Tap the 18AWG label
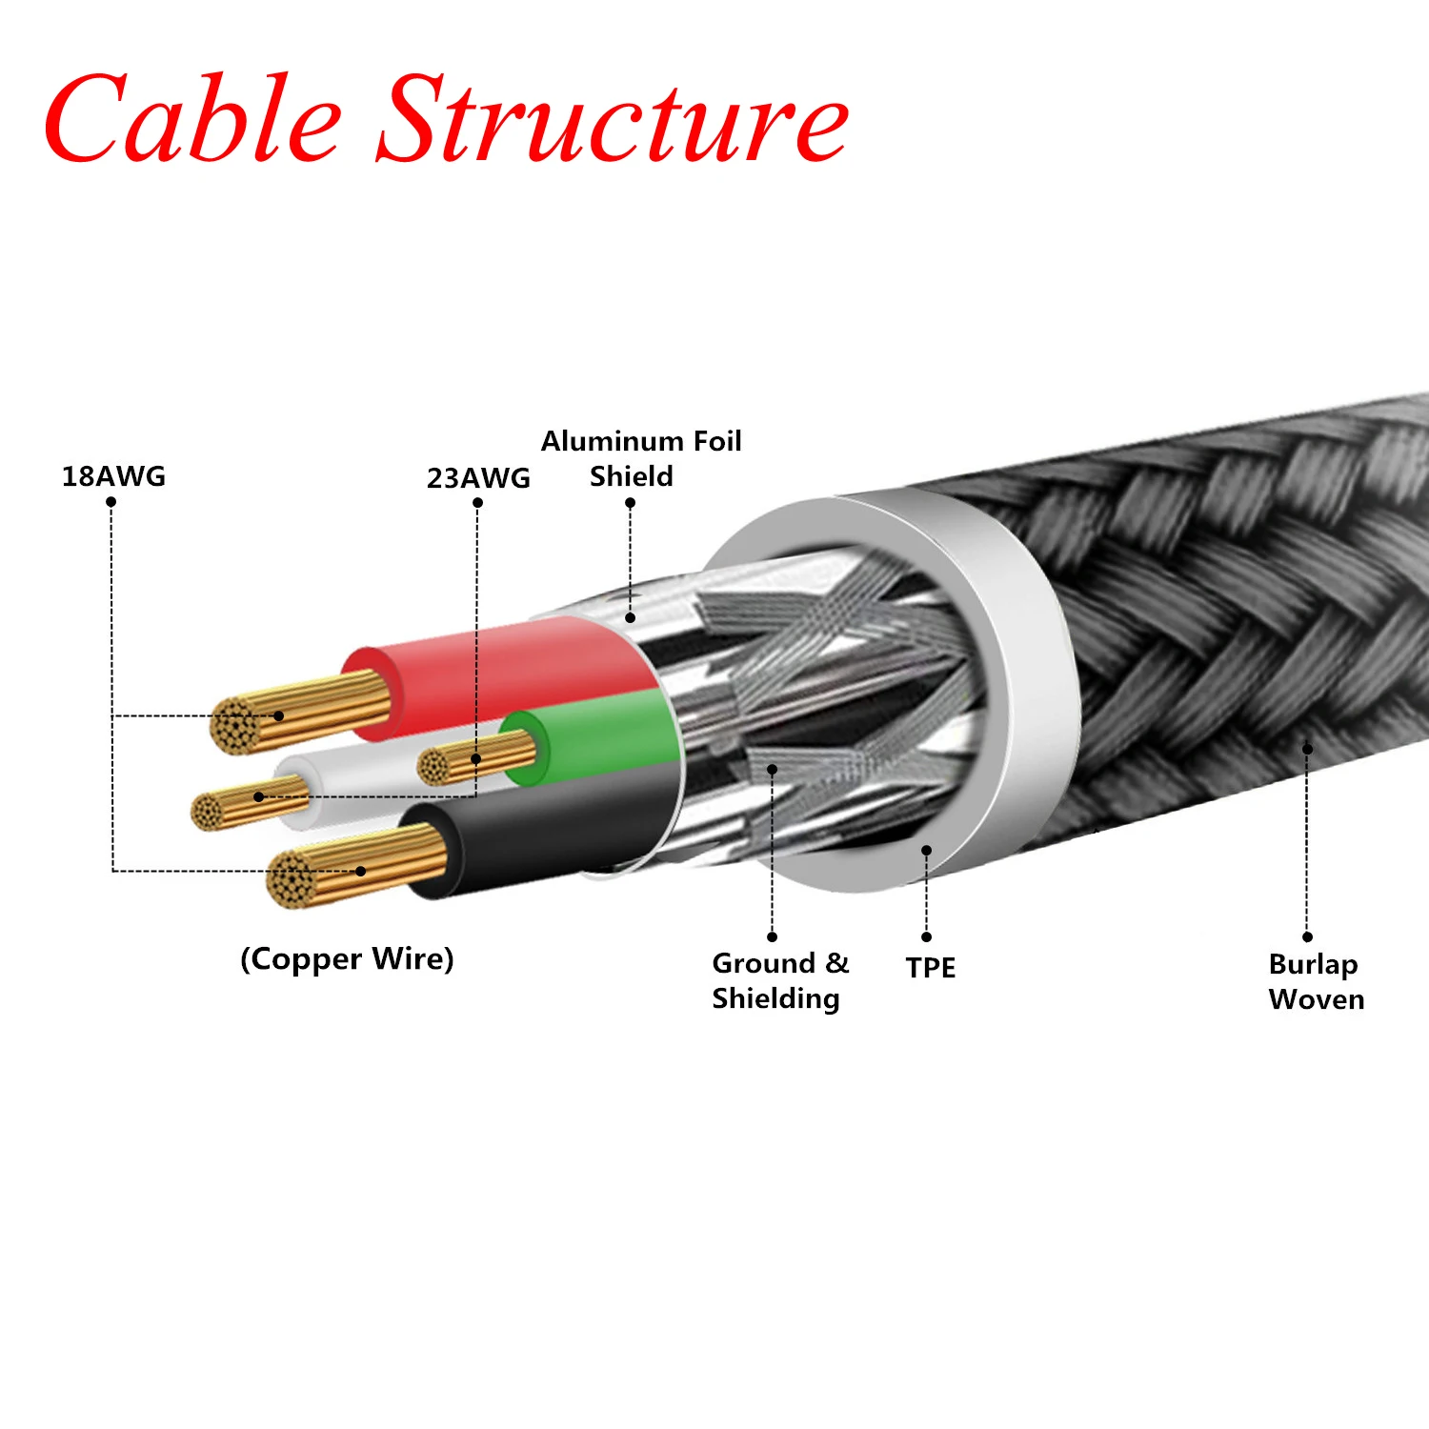(x=113, y=475)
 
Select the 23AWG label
(x=478, y=477)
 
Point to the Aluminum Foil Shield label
(x=641, y=458)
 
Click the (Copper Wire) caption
(x=347, y=958)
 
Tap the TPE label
(x=930, y=967)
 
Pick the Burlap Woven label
(x=1317, y=981)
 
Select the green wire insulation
(x=591, y=736)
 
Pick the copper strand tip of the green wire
(x=433, y=766)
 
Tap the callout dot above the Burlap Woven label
(x=1307, y=750)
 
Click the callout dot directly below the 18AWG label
(x=111, y=502)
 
